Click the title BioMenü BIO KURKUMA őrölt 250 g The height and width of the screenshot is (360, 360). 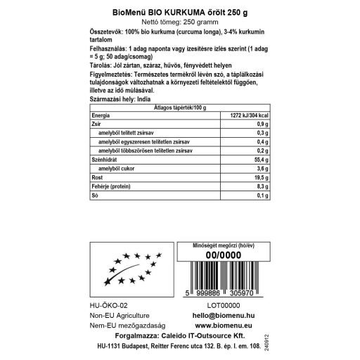[x=179, y=12]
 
